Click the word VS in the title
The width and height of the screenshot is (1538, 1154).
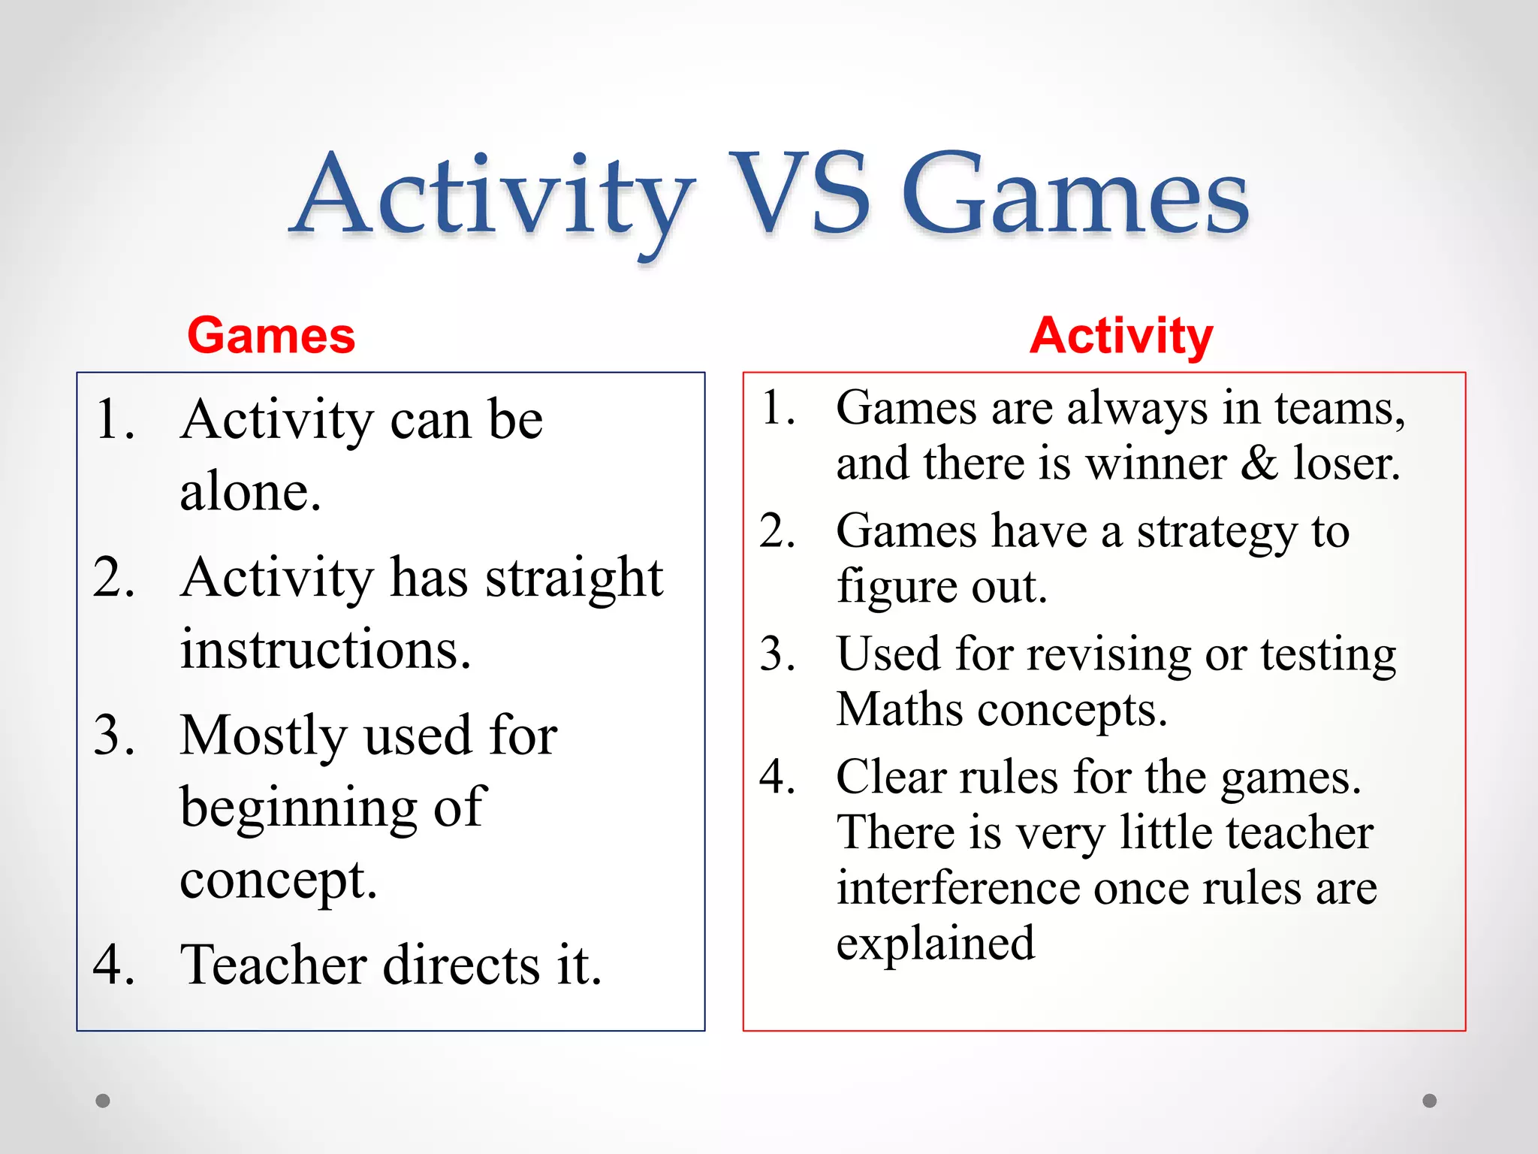click(799, 194)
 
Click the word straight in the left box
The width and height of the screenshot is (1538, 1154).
click(574, 579)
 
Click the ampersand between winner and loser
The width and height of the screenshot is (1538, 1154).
click(1259, 463)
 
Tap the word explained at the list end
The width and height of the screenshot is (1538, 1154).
click(935, 944)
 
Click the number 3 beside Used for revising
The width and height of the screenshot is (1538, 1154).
click(777, 654)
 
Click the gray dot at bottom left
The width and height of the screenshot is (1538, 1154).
click(103, 1101)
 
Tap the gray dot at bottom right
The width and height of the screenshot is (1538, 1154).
click(1429, 1101)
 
